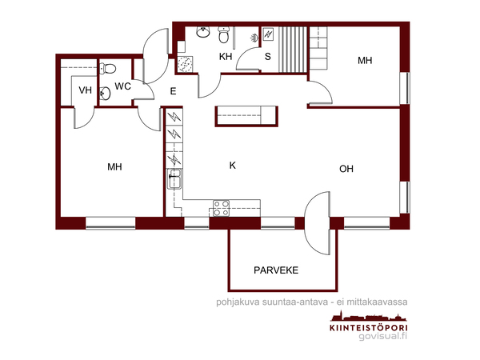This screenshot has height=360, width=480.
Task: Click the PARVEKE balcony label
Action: [276, 270]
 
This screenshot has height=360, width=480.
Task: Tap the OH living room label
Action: [346, 169]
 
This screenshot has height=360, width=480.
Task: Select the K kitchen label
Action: [233, 166]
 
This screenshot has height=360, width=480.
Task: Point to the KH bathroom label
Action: [226, 57]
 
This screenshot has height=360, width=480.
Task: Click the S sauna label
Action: [268, 57]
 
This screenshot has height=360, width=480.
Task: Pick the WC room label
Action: [122, 86]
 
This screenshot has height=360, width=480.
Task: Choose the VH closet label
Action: [85, 90]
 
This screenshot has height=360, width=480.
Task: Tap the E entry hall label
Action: [173, 91]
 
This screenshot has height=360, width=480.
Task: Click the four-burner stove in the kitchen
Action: [222, 208]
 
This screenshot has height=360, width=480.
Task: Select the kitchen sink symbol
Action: [174, 179]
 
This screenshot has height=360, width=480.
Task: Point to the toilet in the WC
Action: [108, 68]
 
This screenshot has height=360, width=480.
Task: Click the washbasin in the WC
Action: [106, 94]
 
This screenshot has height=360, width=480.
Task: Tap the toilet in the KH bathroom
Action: [224, 34]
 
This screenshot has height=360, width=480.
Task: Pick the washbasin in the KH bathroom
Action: [203, 32]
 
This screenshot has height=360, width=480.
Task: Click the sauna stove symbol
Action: [268, 34]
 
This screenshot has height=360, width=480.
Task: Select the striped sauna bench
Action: [293, 50]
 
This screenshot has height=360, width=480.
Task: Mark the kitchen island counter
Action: [246, 116]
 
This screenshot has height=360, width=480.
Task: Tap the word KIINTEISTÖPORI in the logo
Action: [369, 327]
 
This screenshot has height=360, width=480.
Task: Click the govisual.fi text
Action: [383, 336]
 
